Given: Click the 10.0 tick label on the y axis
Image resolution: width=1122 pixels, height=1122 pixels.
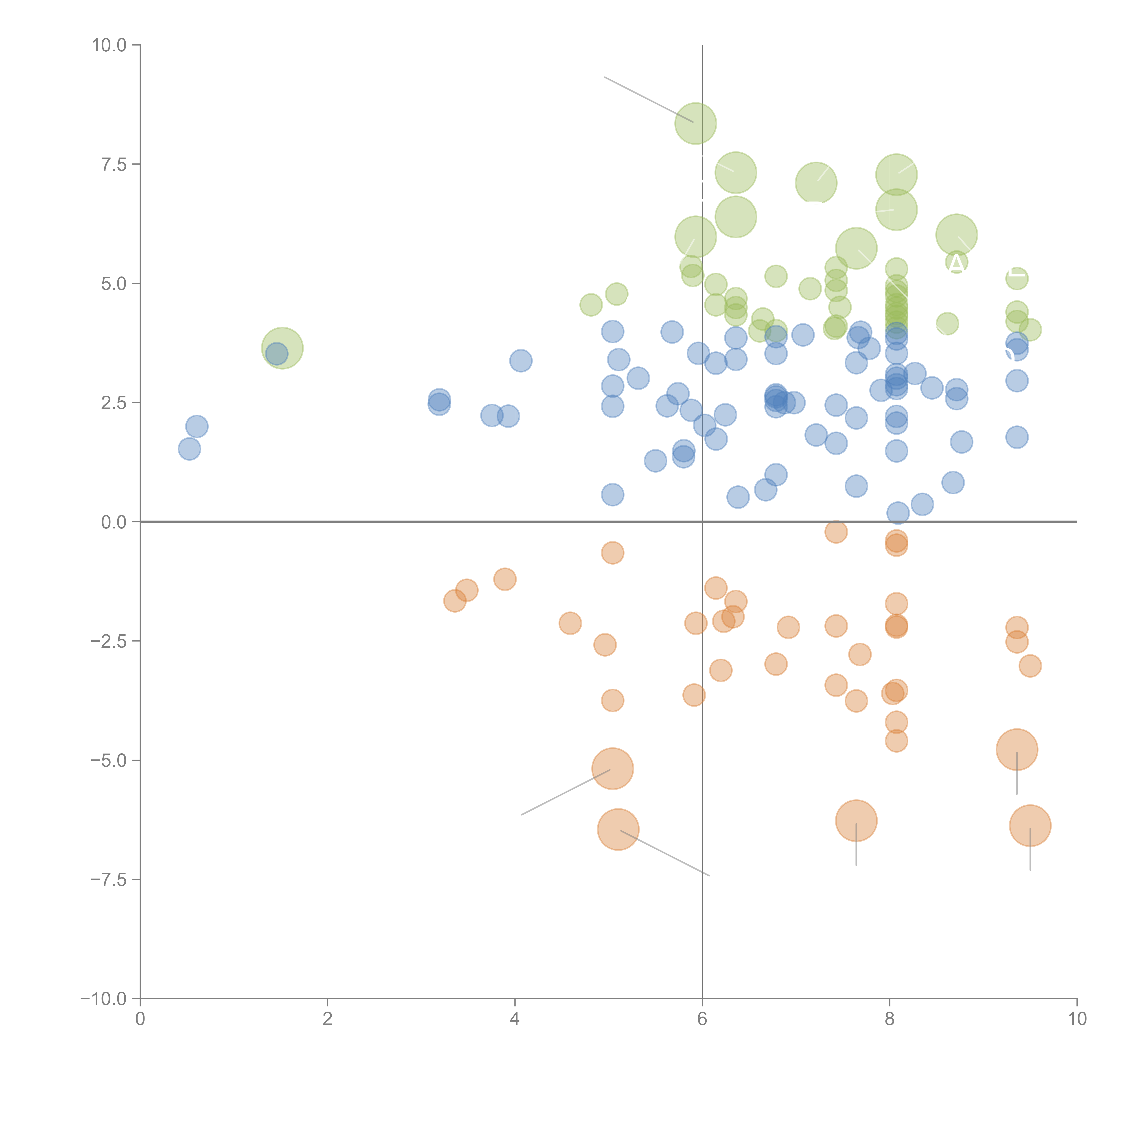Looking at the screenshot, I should point(109,45).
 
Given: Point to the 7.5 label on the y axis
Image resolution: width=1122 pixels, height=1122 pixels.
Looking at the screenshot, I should point(114,164).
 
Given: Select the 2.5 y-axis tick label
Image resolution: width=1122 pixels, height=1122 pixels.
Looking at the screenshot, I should point(114,402).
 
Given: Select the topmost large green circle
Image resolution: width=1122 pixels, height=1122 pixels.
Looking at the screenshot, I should point(695,123).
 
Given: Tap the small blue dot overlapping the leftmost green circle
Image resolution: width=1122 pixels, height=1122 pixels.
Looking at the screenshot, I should point(276,354).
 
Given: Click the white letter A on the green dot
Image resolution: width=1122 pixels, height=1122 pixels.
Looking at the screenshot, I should point(957,263).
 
